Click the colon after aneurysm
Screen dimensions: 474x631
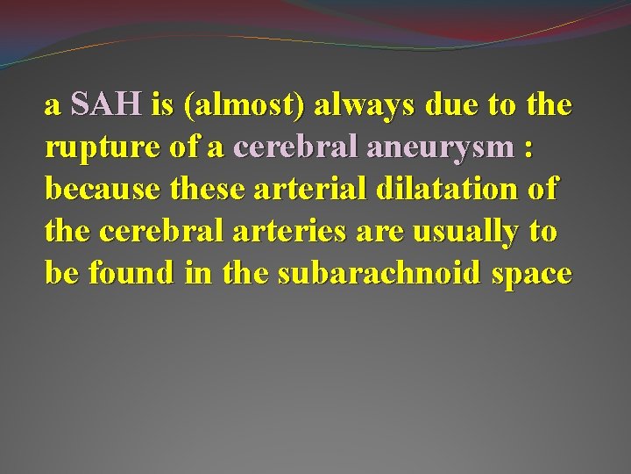tap(527, 149)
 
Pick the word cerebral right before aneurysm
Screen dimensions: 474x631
tap(288, 149)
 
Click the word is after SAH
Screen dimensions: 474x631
tap(162, 106)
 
